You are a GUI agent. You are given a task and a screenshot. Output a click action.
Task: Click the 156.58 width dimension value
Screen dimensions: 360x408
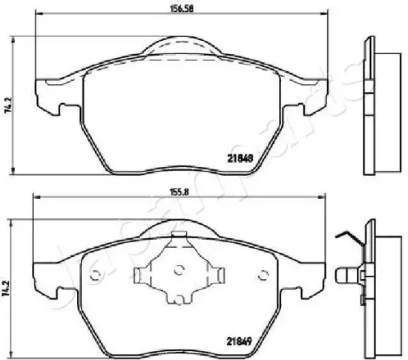173,10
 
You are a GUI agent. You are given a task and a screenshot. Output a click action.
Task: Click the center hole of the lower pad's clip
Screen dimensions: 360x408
178,270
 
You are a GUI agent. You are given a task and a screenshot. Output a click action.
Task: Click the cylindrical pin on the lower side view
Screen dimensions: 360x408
346,278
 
